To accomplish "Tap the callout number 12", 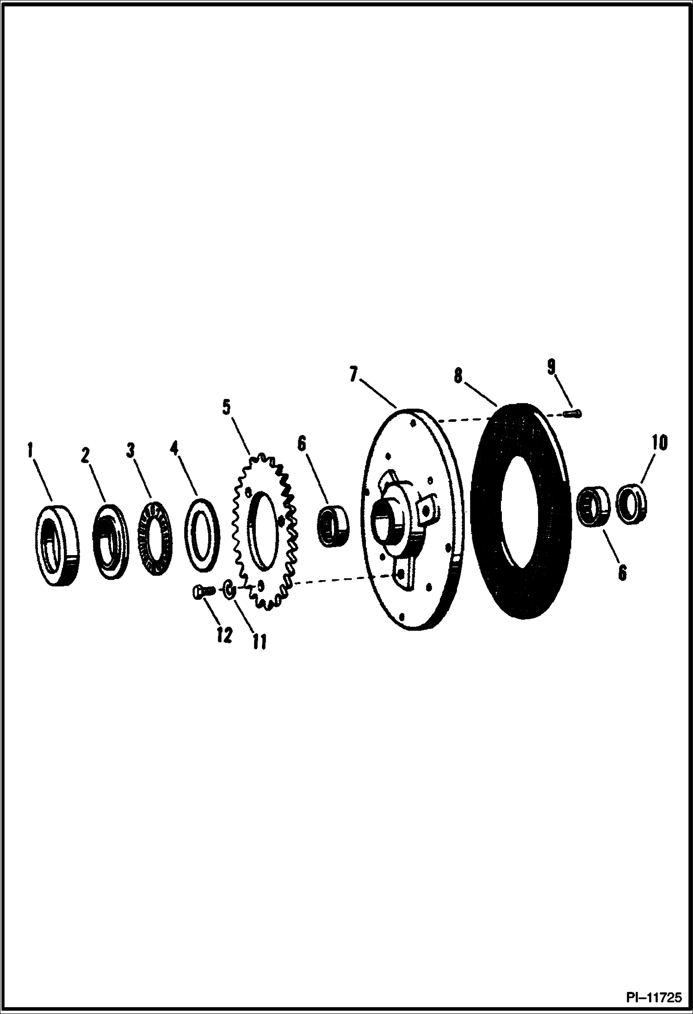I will [x=224, y=635].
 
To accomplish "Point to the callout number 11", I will [x=259, y=641].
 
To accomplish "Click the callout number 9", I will [x=551, y=367].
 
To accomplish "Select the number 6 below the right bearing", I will [x=622, y=573].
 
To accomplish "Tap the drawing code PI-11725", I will [x=654, y=997].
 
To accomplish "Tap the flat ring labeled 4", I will [x=202, y=534].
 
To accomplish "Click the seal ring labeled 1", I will [x=56, y=546].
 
